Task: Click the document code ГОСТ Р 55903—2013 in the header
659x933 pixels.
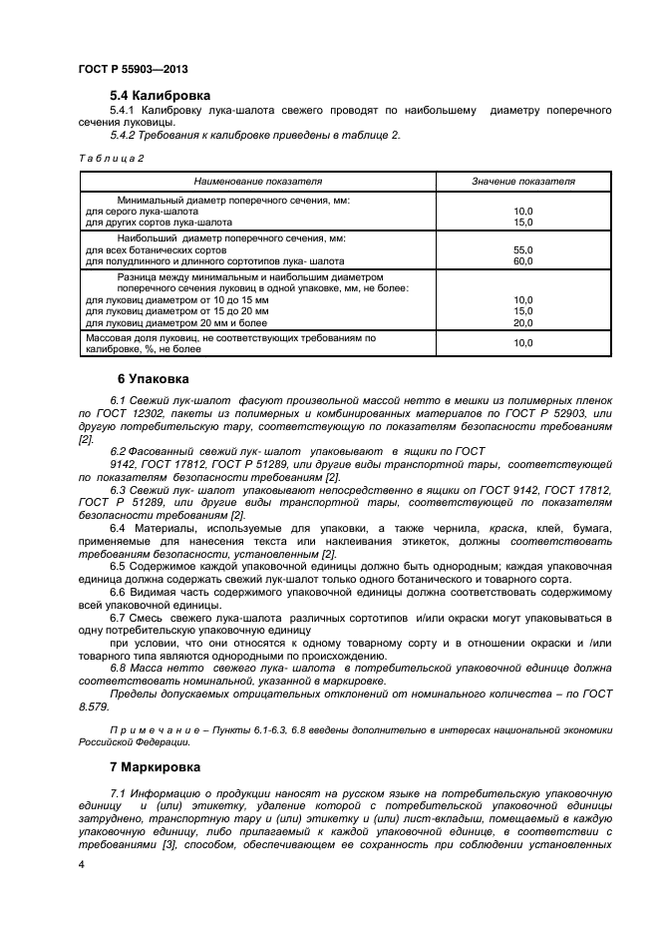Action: (132, 71)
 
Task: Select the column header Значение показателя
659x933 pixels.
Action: (522, 182)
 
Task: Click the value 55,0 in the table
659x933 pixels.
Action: (522, 249)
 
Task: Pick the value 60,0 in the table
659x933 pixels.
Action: (522, 260)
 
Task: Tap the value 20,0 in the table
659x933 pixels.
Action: (522, 322)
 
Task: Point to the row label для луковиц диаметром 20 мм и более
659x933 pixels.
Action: (176, 322)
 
